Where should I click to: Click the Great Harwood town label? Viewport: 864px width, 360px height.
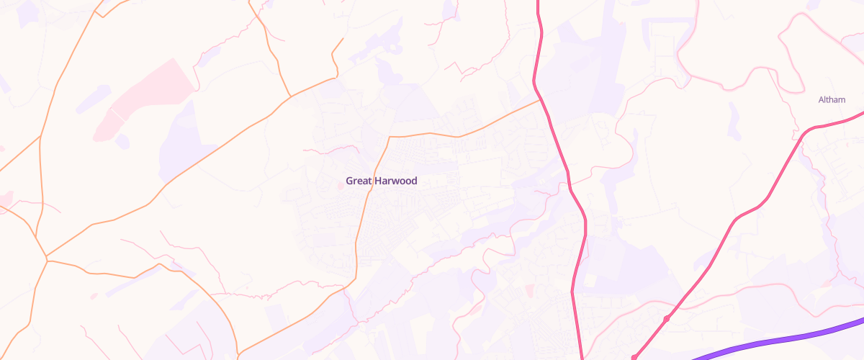click(381, 181)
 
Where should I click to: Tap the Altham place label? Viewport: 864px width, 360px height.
click(832, 99)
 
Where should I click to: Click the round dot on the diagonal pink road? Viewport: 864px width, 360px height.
click(667, 318)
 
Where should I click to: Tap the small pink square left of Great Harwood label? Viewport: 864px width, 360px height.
click(340, 186)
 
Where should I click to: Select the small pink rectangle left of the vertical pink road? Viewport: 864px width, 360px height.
click(530, 289)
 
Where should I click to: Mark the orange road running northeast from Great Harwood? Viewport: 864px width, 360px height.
click(497, 119)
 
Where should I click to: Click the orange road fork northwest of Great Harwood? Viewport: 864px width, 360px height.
click(290, 95)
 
